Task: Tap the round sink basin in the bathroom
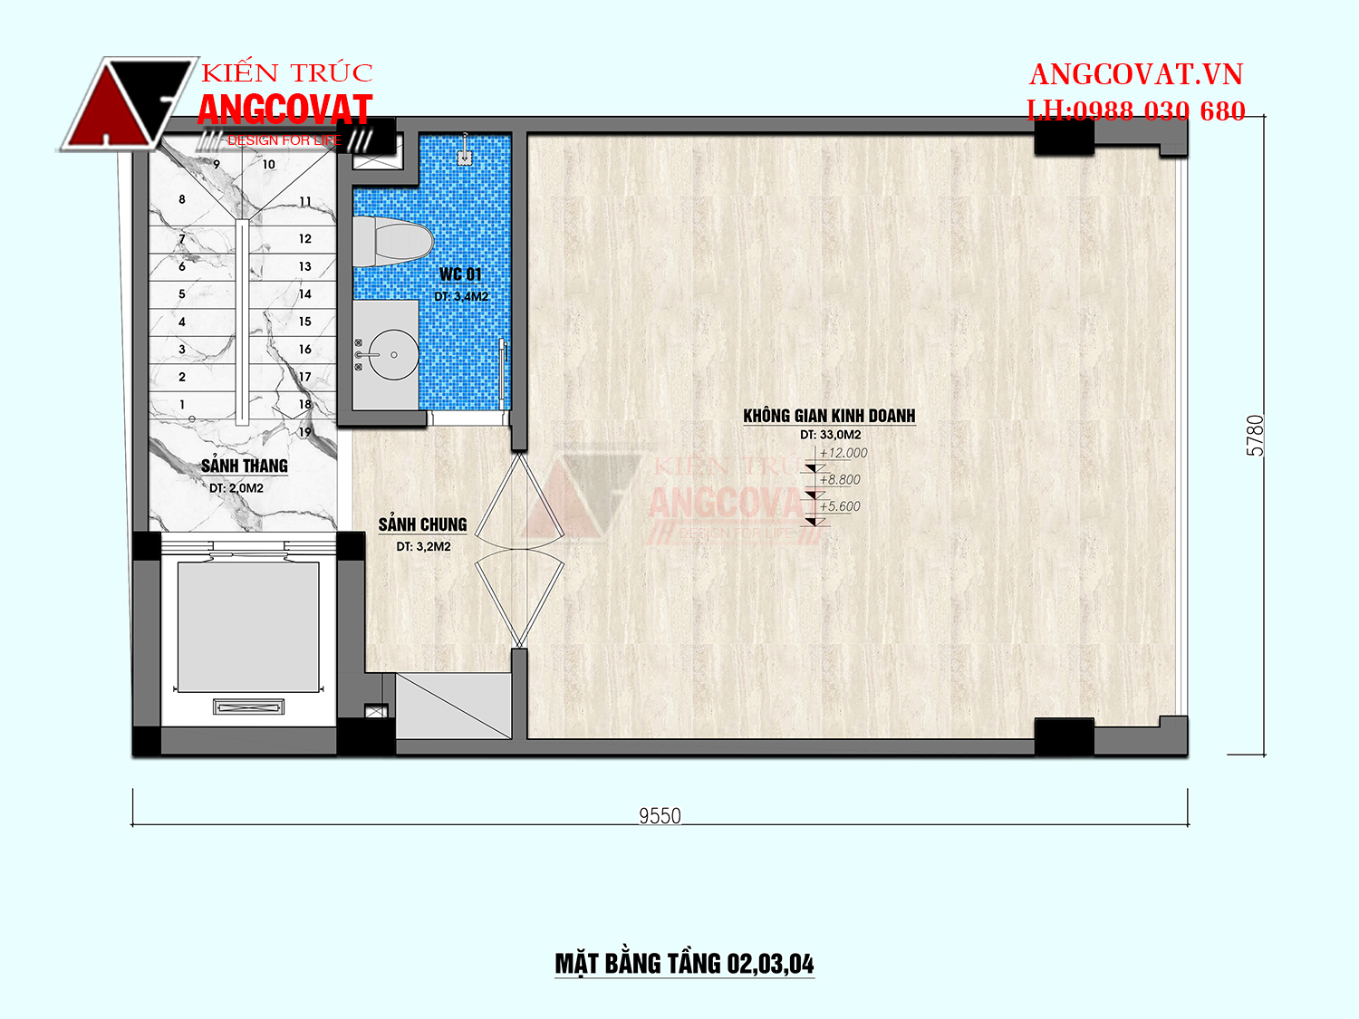click(x=394, y=354)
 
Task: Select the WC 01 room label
click(x=460, y=274)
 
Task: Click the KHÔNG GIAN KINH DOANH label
click(x=829, y=416)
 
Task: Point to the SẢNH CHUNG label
click(x=423, y=524)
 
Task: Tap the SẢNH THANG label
click(x=245, y=466)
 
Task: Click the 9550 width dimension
click(x=660, y=816)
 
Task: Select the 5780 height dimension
click(x=1255, y=436)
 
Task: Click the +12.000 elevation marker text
click(x=843, y=453)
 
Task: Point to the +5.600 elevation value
click(x=840, y=506)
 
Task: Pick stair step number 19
click(x=304, y=432)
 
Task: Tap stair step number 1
click(x=182, y=405)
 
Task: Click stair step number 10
click(x=268, y=165)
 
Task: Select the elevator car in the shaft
click(x=248, y=626)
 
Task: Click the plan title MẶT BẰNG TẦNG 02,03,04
click(x=684, y=964)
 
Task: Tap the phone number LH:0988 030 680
click(x=1136, y=111)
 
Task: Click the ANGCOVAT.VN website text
click(x=1136, y=75)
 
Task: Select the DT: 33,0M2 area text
click(x=830, y=435)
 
